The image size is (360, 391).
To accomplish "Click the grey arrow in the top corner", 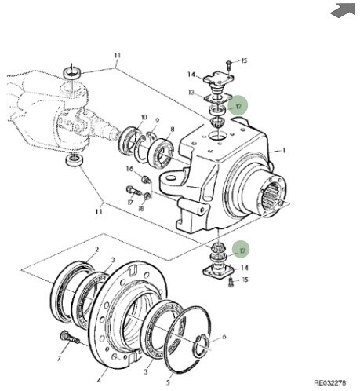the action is [x=344, y=10].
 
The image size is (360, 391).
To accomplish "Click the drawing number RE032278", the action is [x=330, y=383].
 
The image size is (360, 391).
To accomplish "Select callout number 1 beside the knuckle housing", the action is [x=284, y=151].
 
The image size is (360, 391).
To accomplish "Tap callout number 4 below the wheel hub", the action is [x=99, y=380].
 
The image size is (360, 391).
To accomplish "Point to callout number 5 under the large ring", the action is [x=168, y=382].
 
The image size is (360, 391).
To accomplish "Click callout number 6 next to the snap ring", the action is [x=224, y=337].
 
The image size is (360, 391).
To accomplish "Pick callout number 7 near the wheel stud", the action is [x=59, y=359].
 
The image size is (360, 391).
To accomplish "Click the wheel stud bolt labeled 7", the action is [x=70, y=338].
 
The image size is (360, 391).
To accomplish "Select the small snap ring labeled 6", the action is [x=202, y=345].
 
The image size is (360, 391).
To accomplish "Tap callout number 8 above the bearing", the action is [x=173, y=130].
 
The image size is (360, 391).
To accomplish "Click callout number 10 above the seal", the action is [x=144, y=117].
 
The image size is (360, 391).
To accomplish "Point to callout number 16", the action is [x=129, y=169].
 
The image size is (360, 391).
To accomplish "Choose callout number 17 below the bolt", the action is [x=130, y=202].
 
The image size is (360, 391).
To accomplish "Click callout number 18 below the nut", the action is [x=141, y=209].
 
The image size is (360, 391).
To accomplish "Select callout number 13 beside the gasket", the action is [x=191, y=93].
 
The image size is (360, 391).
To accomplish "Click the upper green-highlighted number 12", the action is [x=238, y=107].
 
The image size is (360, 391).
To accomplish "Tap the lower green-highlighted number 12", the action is [x=242, y=250].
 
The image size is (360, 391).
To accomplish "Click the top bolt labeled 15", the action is [x=228, y=64].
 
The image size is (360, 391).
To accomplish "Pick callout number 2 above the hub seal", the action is [x=96, y=250].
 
